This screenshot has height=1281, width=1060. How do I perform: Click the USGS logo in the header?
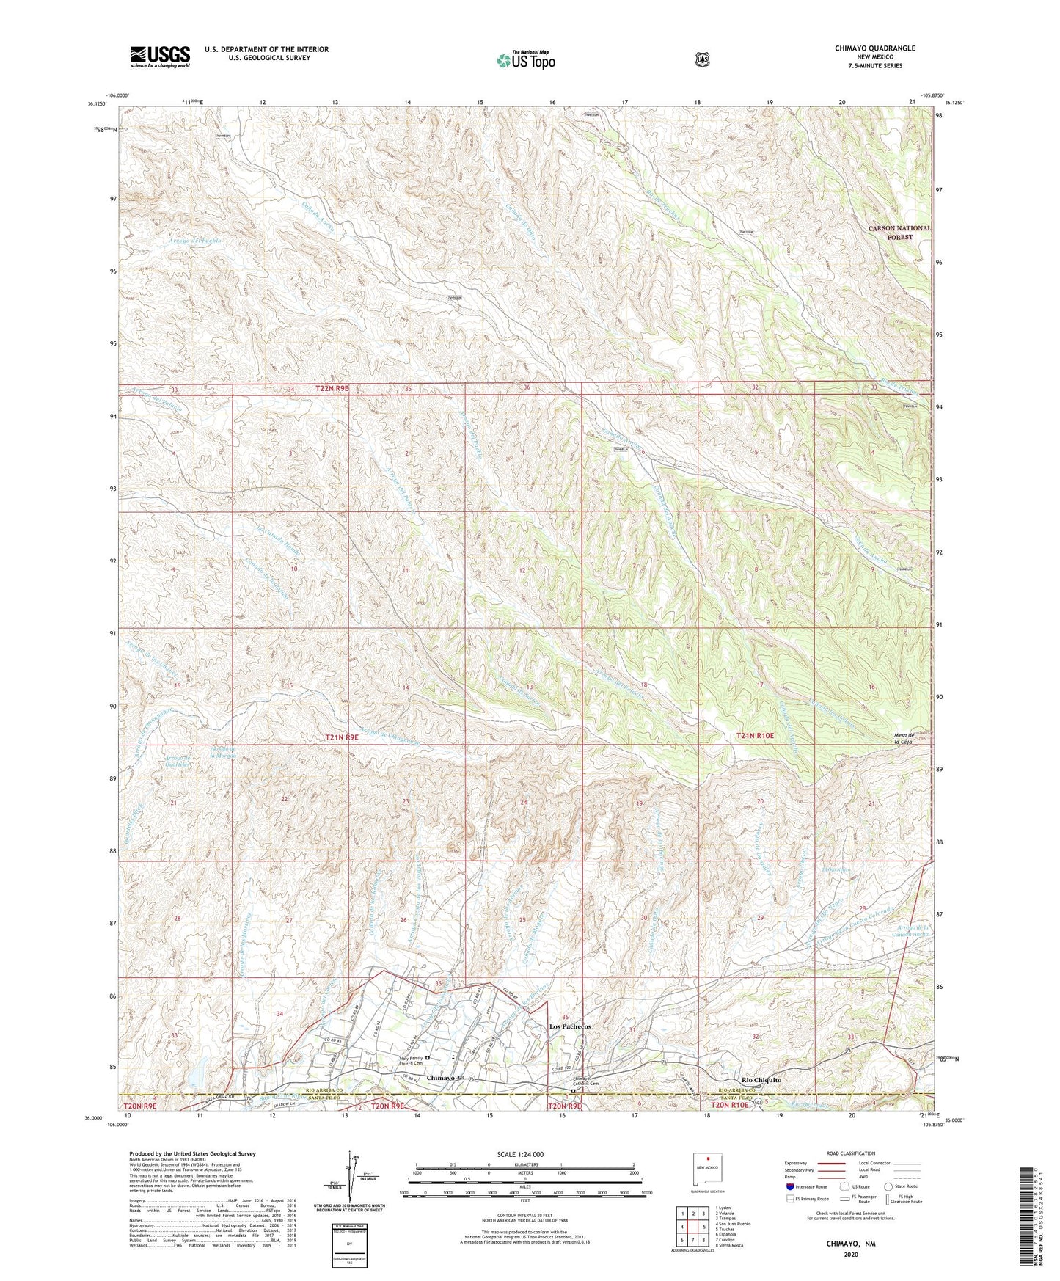coord(160,56)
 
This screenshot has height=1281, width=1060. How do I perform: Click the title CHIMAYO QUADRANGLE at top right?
coord(874,48)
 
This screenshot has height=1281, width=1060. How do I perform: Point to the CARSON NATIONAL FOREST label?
coord(899,232)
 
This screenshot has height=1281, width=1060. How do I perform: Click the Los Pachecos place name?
coord(570,1026)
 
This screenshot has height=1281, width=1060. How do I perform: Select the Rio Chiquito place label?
coord(761,1080)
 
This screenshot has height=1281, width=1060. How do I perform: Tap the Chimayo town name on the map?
coord(441,1078)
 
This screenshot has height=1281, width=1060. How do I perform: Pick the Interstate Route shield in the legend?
coord(790,1186)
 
